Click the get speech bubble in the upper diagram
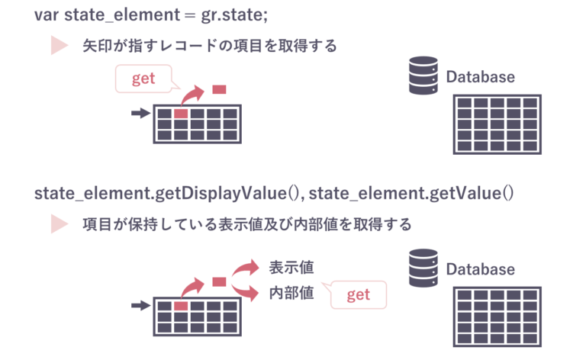click(x=143, y=79)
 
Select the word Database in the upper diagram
click(x=480, y=77)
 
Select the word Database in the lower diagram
click(x=480, y=269)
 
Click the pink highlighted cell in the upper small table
click(x=181, y=114)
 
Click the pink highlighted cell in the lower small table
click(x=181, y=306)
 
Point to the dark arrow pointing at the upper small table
click(x=141, y=114)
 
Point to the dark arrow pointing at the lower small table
click(x=141, y=306)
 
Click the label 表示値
click(x=291, y=268)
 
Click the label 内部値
click(x=291, y=294)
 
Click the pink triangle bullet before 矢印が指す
click(x=59, y=46)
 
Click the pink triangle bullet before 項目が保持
click(x=59, y=224)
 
